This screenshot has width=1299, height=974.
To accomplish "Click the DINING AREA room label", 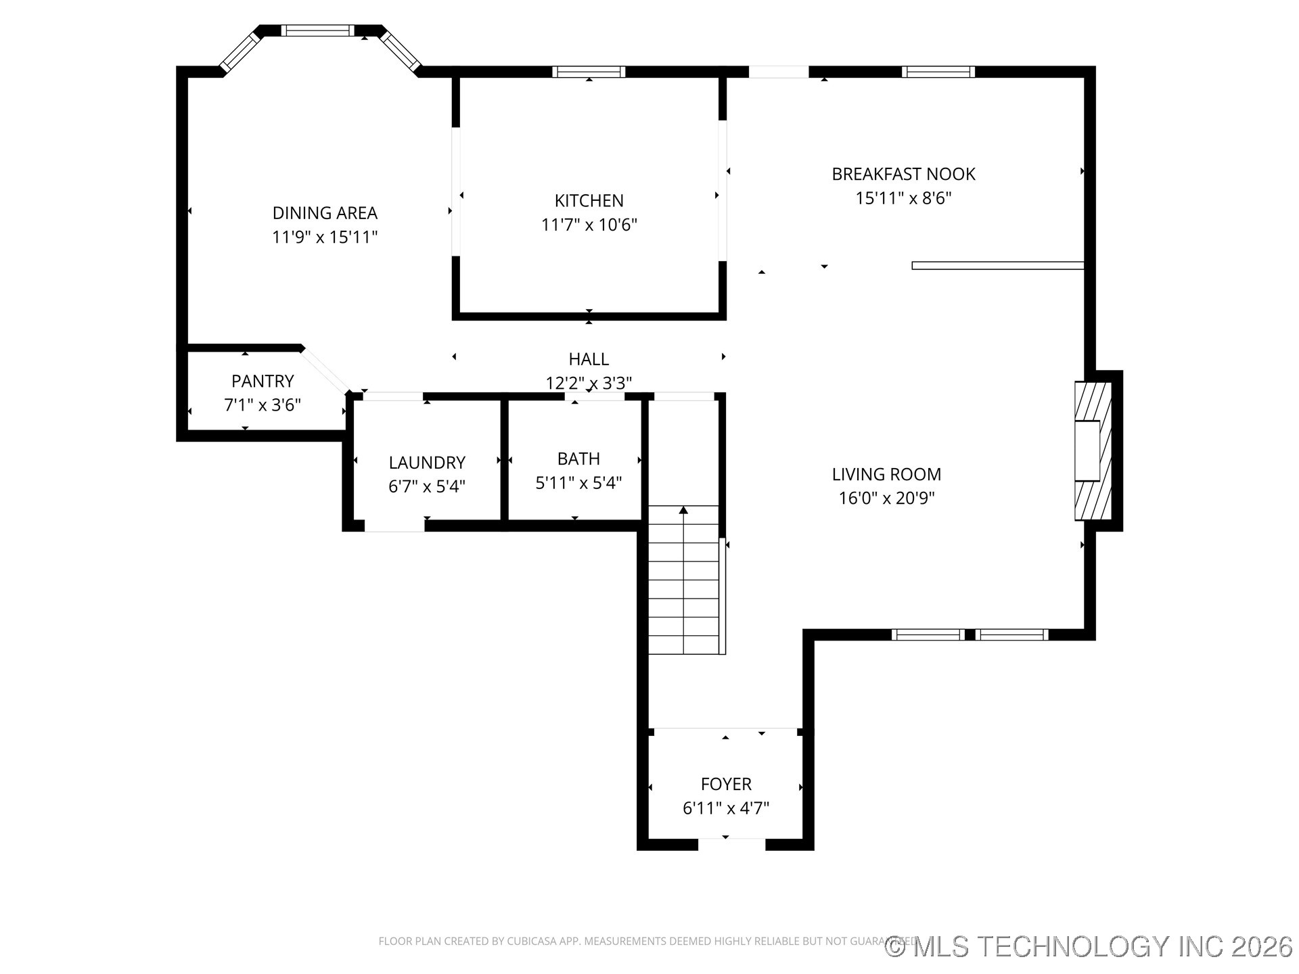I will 325,213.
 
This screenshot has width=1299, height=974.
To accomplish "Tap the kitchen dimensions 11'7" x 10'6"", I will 589,225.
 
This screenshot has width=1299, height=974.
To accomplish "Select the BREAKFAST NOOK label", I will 903,174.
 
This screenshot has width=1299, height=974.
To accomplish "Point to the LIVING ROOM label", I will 886,474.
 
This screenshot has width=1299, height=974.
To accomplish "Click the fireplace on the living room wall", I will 1092,451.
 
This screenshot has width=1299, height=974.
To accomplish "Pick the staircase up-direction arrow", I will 684,511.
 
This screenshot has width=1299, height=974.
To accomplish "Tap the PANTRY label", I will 263,381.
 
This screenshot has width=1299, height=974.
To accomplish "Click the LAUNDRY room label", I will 427,463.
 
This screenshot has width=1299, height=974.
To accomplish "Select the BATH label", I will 578,459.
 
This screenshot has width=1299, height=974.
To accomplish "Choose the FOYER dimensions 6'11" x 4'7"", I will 726,808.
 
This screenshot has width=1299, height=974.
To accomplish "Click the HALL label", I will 589,359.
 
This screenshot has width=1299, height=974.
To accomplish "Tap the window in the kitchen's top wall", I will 589,72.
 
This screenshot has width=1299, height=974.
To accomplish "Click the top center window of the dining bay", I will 317,30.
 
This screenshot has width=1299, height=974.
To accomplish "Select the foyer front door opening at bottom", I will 731,844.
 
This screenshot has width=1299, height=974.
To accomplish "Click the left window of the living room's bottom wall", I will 928,634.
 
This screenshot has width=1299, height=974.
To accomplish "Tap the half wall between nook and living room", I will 997,266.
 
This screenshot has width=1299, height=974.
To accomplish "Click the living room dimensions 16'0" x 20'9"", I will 886,498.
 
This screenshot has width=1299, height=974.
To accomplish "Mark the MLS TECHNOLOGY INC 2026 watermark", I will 1089,946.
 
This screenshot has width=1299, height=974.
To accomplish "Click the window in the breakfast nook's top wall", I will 938,72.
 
